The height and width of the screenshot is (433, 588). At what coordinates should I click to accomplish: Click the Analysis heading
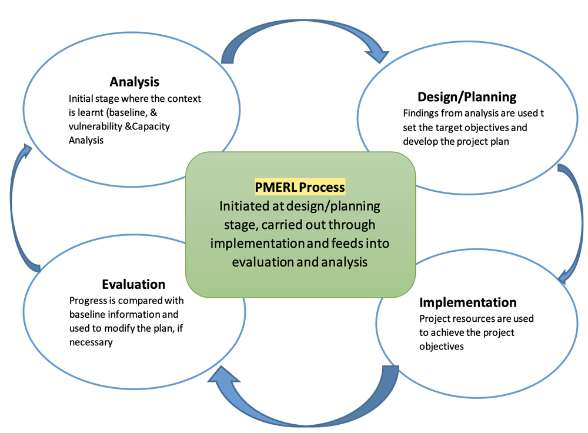[x=135, y=82]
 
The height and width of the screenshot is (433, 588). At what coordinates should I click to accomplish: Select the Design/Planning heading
[x=467, y=96]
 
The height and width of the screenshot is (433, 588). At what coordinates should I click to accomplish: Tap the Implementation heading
[x=467, y=302]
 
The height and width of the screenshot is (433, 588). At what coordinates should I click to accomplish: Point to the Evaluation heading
[x=133, y=285]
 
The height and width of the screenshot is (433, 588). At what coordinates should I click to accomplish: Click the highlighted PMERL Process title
[x=300, y=187]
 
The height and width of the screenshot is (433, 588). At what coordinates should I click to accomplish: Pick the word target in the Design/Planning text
[x=448, y=127]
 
